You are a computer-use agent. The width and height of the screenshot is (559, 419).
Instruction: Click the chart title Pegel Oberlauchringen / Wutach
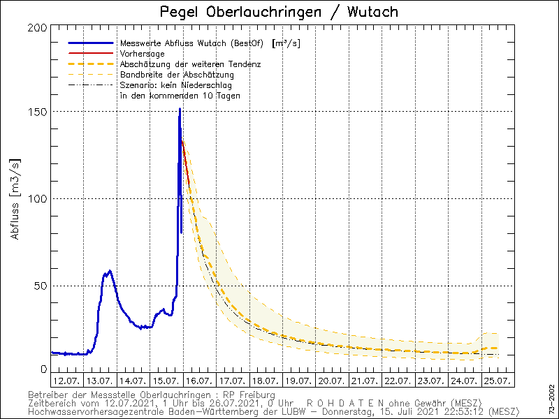pyautogui.click(x=279, y=12)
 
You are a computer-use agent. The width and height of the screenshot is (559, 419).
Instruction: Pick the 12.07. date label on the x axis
pyautogui.click(x=66, y=381)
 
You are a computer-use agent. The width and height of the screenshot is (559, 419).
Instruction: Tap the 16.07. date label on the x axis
pyautogui.click(x=198, y=381)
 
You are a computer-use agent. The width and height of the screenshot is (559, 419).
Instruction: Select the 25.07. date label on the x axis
pyautogui.click(x=496, y=381)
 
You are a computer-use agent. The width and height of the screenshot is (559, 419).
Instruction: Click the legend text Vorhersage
pyautogui.click(x=142, y=53)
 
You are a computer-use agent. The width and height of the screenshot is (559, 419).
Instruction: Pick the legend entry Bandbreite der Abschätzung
pyautogui.click(x=177, y=74)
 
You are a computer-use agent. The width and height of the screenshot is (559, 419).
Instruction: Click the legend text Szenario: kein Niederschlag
pyautogui.click(x=176, y=84)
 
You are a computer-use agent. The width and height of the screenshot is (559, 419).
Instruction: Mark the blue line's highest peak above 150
pyautogui.click(x=180, y=109)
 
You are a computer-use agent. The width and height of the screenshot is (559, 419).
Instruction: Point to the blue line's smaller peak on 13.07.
pyautogui.click(x=110, y=271)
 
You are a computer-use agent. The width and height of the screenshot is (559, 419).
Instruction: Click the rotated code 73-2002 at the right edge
pyautogui.click(x=552, y=396)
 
